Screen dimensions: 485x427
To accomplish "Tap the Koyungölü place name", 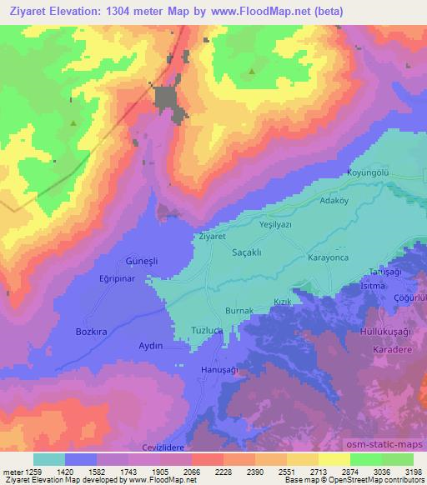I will coord(369,173).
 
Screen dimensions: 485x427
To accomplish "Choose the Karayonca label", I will coord(332,258).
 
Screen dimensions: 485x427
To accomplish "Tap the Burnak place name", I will coord(239,311).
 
